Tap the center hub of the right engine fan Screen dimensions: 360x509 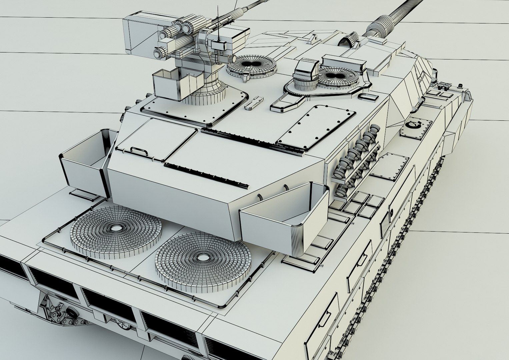[x=202, y=258]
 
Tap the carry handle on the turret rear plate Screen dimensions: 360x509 [x=140, y=151]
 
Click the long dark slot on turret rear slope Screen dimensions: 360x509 [x=207, y=174]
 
